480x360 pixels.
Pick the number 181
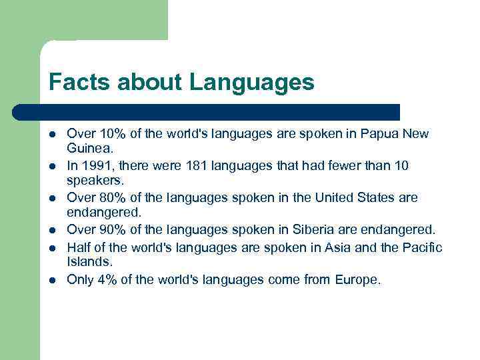point(189,165)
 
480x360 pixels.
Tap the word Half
point(79,248)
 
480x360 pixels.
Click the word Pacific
point(421,248)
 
